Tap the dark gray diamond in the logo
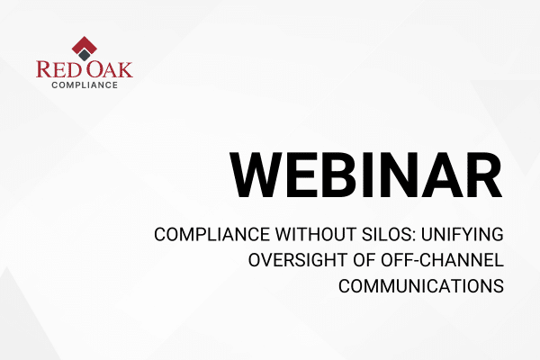(85, 55)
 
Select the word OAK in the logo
(110, 69)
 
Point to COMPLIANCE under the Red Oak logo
(85, 85)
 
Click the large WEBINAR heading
(366, 175)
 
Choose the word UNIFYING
(463, 235)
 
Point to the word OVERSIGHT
(298, 260)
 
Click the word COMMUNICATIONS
(421, 286)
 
